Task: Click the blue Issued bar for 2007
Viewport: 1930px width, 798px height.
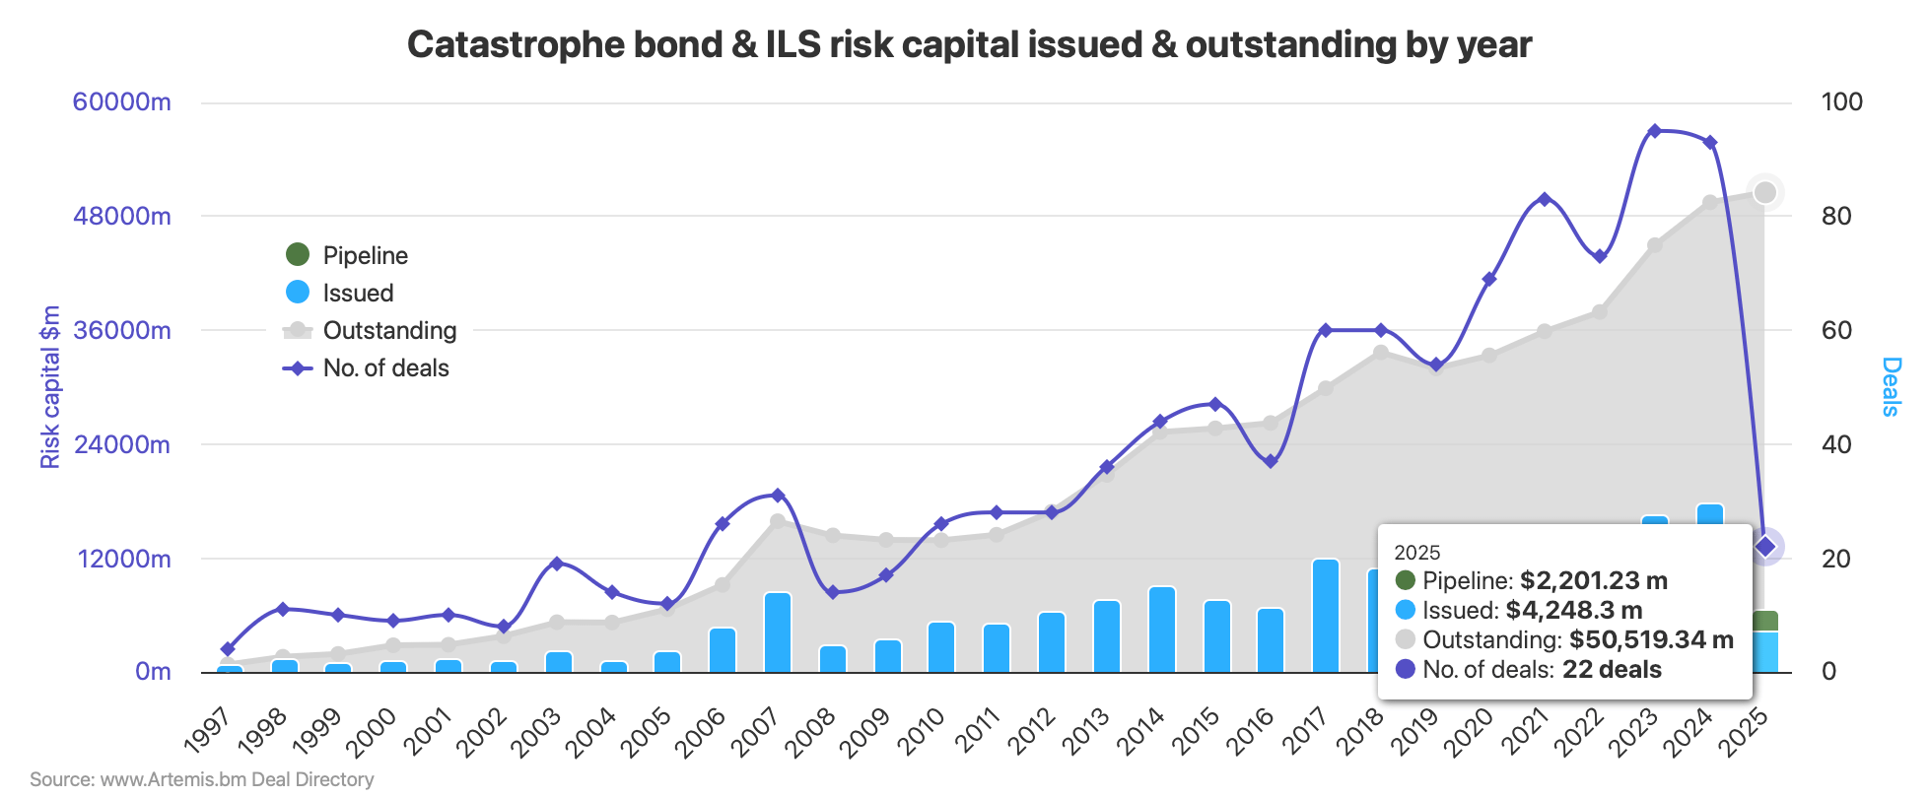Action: point(778,632)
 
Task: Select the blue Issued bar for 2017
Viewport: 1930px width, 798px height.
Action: point(1326,616)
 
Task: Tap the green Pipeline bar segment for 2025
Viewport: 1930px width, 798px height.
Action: point(1765,621)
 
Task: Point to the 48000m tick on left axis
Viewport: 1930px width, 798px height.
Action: point(121,216)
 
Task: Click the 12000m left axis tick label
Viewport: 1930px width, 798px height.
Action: point(121,559)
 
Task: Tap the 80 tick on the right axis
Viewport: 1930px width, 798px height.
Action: point(1841,216)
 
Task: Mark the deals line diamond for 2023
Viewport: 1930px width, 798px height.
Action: point(1655,130)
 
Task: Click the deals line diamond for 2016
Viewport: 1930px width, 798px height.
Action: point(1271,461)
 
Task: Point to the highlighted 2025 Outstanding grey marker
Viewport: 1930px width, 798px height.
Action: point(1765,192)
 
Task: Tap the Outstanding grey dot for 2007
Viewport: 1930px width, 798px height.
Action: point(778,521)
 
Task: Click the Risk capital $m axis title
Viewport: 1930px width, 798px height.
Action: point(50,386)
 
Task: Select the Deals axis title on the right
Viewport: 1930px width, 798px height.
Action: point(1891,386)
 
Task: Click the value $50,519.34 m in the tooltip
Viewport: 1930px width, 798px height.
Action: point(1651,639)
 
